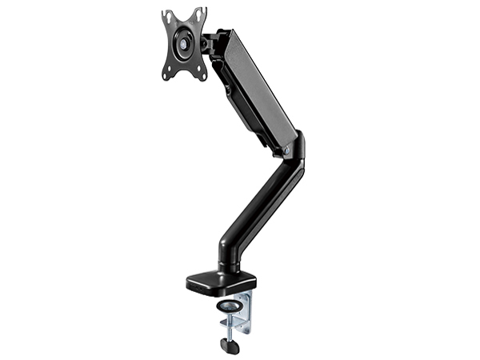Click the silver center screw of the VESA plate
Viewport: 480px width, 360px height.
pyautogui.click(x=185, y=45)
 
